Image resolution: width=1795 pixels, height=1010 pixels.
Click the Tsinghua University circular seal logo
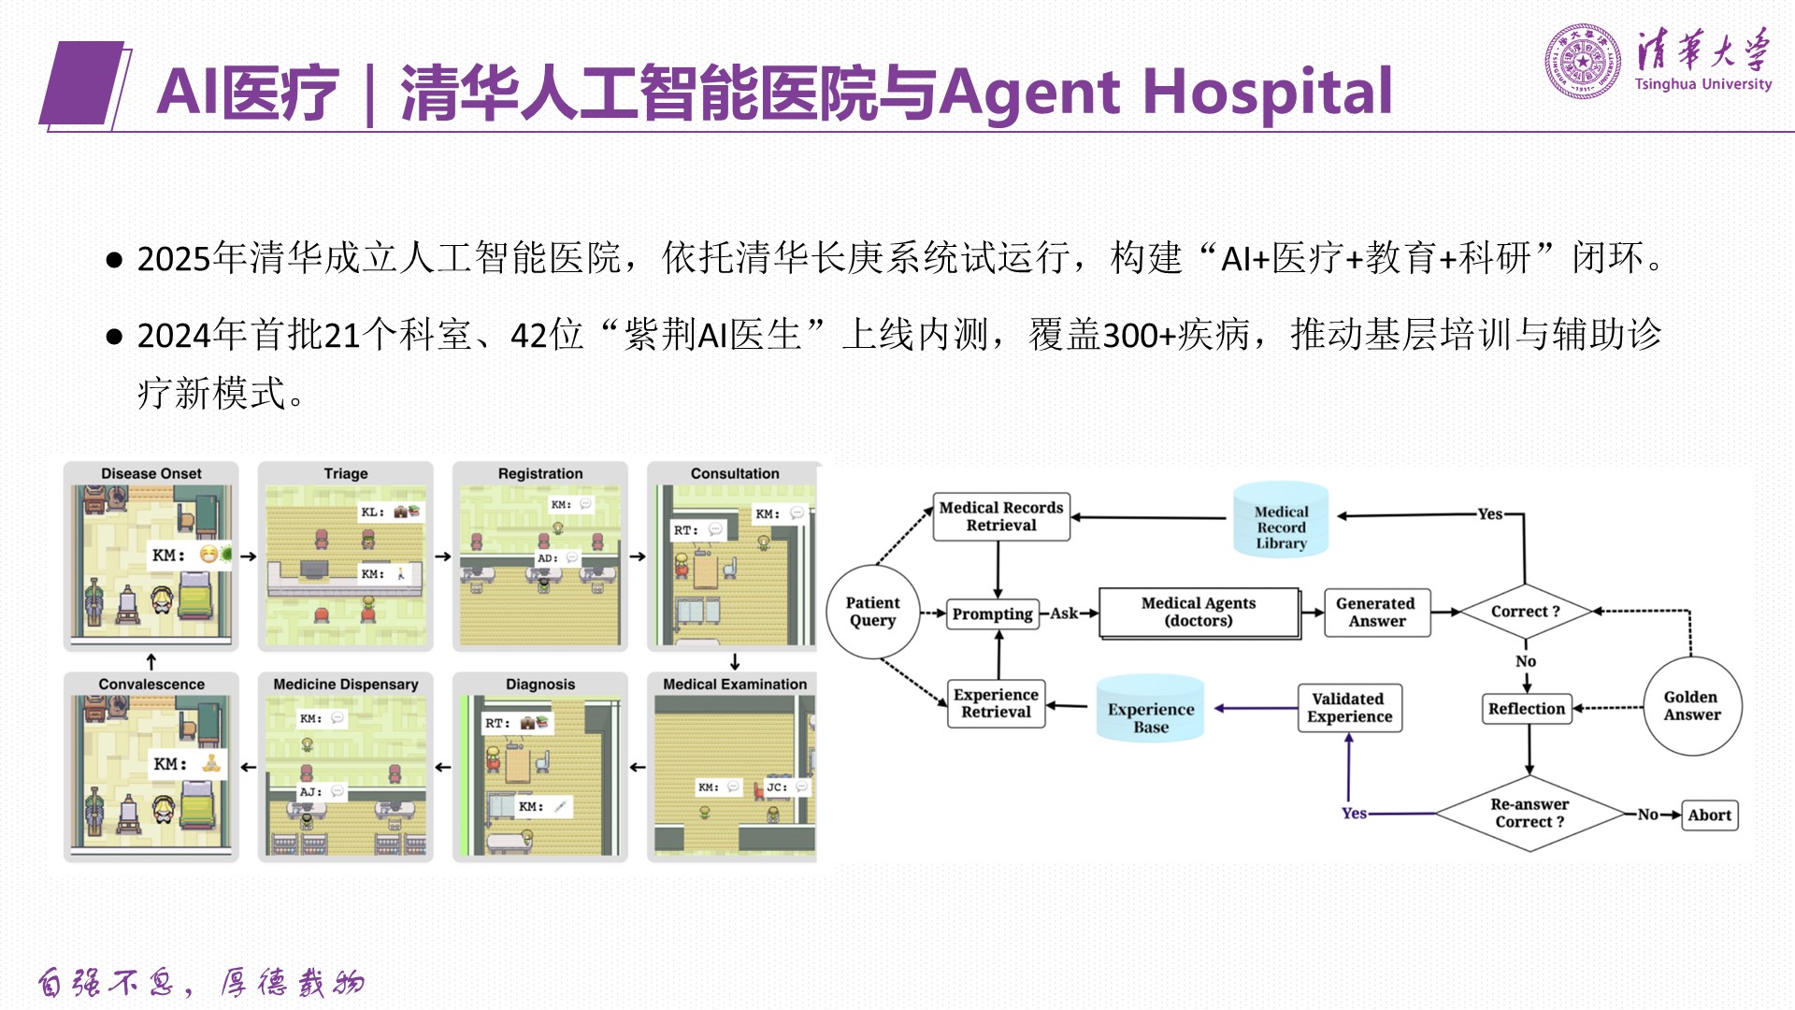[x=1582, y=62]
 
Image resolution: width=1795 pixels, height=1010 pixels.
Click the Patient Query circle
[x=873, y=612]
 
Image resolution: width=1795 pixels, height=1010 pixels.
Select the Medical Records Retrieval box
[x=1000, y=516]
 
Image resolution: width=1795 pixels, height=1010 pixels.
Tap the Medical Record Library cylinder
[x=1281, y=520]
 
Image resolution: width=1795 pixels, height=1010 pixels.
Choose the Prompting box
[x=992, y=613]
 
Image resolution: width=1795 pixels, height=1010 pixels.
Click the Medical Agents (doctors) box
[x=1199, y=612]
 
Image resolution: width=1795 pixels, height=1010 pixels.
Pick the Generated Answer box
[x=1376, y=612]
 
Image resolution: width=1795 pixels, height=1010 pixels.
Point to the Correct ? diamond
[x=1525, y=612]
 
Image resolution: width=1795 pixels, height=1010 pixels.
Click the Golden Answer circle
[x=1691, y=705]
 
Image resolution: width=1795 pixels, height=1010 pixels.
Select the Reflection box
[x=1527, y=709]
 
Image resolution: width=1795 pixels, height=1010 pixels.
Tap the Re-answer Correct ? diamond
[x=1529, y=814]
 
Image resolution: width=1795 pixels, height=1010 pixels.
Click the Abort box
[x=1709, y=815]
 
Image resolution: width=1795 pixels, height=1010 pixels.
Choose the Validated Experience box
[x=1349, y=708]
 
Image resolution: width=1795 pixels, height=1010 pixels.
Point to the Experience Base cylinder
[x=1151, y=709]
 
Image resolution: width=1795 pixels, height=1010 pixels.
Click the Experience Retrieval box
[x=996, y=703]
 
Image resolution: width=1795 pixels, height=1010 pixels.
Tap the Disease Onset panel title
[x=151, y=474]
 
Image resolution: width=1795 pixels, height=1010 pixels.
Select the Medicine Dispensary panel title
[x=346, y=685]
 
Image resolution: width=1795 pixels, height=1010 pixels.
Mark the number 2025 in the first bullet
[x=174, y=259]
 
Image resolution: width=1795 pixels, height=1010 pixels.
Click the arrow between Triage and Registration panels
[x=443, y=556]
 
